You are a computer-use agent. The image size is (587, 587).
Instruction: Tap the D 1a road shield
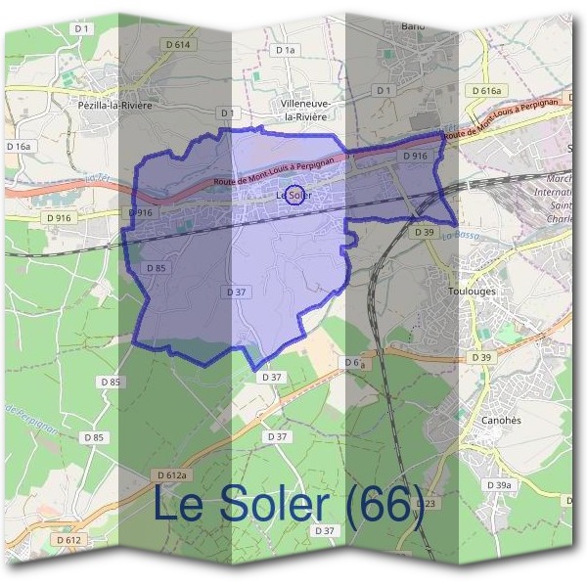click(285, 49)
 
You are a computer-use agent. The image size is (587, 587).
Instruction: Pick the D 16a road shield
click(19, 146)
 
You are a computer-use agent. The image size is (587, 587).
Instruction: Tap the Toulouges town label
click(471, 291)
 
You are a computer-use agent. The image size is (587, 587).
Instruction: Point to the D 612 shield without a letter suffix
click(68, 539)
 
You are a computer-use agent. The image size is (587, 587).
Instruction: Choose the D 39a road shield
click(499, 485)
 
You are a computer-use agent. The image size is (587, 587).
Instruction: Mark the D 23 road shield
click(425, 503)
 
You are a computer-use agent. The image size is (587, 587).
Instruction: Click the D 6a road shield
click(354, 362)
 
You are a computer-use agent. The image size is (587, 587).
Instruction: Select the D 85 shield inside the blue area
click(157, 268)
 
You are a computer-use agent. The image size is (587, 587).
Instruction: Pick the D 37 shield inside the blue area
click(235, 292)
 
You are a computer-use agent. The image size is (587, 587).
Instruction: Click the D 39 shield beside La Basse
click(424, 232)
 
